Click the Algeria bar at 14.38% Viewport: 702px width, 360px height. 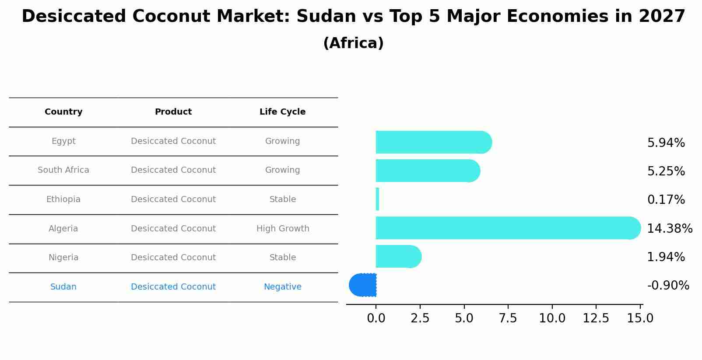point(508,228)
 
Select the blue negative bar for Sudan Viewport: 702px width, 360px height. point(363,285)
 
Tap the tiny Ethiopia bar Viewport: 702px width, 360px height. point(377,199)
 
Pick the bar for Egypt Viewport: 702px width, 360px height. point(433,142)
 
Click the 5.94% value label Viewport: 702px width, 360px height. point(666,143)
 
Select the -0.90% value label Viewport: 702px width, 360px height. point(668,286)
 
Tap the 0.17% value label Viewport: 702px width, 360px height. point(666,200)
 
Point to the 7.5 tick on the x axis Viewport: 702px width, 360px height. point(508,318)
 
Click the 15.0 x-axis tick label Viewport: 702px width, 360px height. point(640,318)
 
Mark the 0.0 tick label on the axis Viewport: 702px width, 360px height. point(376,318)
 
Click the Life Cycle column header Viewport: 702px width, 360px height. point(282,112)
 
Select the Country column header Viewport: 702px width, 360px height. point(63,112)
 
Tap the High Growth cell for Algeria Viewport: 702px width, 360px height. point(283,229)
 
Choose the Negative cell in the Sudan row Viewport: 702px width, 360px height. point(282,287)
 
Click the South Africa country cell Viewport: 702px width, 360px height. point(63,170)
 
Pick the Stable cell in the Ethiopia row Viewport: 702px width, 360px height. point(283,199)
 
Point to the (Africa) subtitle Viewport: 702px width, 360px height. point(353,43)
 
